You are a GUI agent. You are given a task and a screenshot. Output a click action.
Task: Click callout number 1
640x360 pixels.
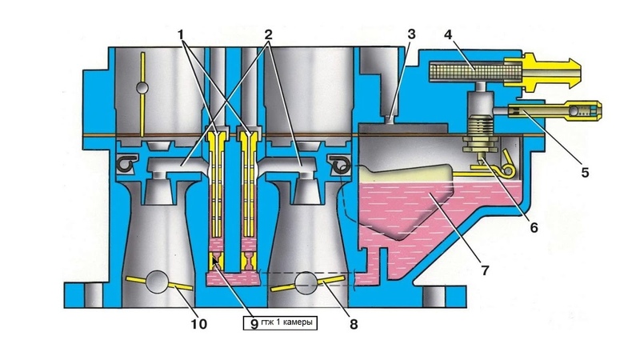(181, 34)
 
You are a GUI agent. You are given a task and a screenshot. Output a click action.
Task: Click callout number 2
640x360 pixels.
(268, 34)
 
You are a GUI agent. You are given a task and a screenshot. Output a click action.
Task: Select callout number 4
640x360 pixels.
(448, 34)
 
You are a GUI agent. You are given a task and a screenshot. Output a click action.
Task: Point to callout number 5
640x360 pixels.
(585, 172)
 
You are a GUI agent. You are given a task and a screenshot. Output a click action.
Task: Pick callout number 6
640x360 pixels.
(534, 227)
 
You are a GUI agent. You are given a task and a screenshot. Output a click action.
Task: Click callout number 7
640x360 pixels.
(485, 270)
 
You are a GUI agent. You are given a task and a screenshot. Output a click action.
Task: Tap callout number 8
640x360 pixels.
(354, 324)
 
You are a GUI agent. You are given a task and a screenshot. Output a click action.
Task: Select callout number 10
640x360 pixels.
(199, 324)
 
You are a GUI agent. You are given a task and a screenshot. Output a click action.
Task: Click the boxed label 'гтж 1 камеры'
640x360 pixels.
(280, 323)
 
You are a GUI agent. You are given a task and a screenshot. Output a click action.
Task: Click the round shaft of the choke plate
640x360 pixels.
(142, 88)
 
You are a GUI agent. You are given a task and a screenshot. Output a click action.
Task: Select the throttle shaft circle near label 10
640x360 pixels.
(157, 282)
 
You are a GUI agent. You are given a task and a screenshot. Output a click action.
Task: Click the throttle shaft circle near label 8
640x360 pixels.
(306, 282)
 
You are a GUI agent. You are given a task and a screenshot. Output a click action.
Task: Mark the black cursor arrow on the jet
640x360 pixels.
(215, 261)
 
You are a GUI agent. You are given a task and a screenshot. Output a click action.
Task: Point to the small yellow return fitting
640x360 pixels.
(555, 110)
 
